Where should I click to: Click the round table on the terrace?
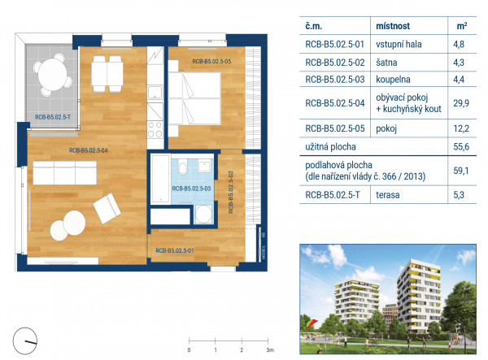53,75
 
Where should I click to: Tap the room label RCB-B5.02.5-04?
89,150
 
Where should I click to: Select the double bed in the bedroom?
195,98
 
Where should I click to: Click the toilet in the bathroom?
183,168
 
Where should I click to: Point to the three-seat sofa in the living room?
65,173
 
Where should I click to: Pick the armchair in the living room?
107,208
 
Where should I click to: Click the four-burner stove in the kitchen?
155,130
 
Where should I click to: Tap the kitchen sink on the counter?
155,93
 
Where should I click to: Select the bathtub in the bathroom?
160,179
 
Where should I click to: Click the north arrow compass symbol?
25,340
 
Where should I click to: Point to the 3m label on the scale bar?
270,350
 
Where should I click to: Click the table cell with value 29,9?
461,103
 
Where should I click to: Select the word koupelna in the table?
393,80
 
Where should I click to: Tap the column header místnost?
393,26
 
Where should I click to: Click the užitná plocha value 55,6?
461,147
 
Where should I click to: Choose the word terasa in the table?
388,195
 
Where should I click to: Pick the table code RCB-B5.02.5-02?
335,63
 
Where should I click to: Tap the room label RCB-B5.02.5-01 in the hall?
175,250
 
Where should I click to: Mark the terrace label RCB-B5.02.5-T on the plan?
53,117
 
